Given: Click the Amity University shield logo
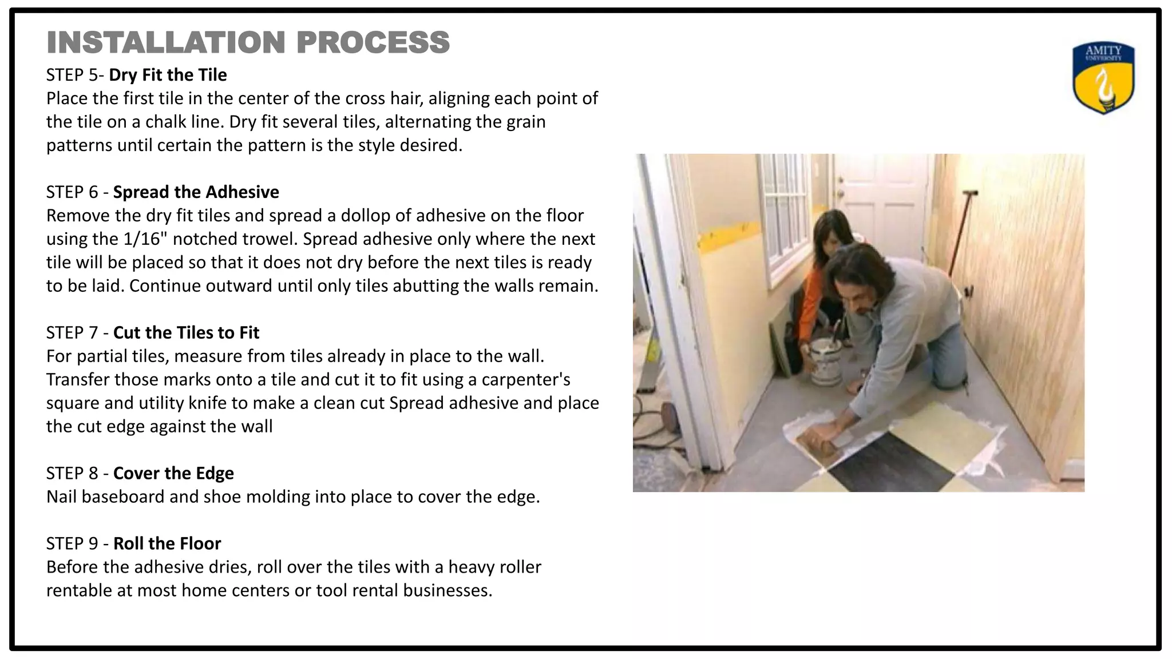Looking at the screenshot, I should point(1103,78).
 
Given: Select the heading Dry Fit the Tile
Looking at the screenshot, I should point(168,75).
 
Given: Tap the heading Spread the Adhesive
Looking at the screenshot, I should point(196,192).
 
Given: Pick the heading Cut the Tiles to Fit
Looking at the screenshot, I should point(186,333).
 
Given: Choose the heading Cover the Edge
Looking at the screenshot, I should point(173,474).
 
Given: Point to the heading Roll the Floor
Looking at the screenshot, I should point(167,543).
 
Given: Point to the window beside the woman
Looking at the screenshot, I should point(787,212).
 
